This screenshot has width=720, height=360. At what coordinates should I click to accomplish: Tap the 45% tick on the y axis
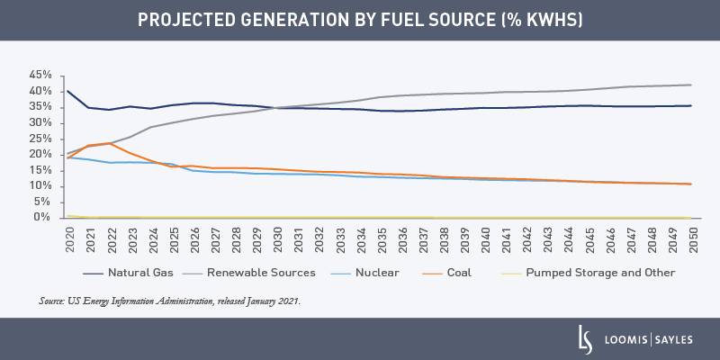click(x=43, y=75)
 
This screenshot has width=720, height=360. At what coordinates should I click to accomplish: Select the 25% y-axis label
click(x=43, y=138)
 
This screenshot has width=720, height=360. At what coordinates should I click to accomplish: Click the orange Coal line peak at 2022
click(x=111, y=143)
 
